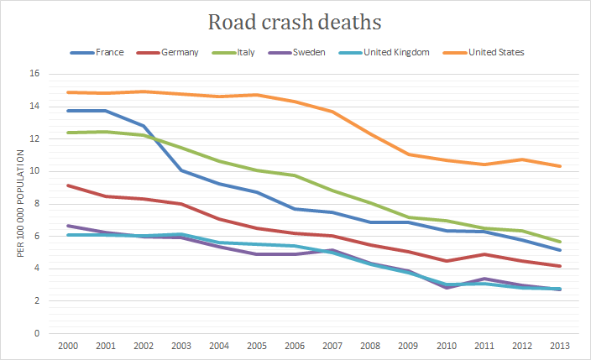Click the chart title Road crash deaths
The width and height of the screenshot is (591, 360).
pyautogui.click(x=295, y=21)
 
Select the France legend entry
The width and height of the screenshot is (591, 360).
pyautogui.click(x=110, y=53)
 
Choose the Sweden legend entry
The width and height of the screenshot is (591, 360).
pyautogui.click(x=309, y=53)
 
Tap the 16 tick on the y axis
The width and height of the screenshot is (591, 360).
pyautogui.click(x=34, y=74)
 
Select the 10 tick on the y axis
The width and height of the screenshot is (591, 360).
pyautogui.click(x=34, y=171)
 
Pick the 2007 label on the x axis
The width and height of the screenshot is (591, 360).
pyautogui.click(x=332, y=345)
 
